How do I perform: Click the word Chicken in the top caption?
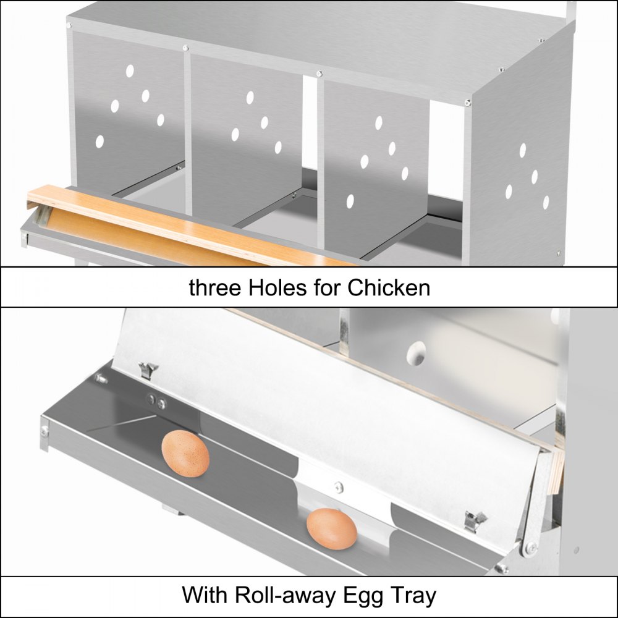pos(388,287)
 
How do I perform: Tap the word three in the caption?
pos(211,287)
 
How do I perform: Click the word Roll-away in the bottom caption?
pos(289,596)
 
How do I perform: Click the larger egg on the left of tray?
pos(185,454)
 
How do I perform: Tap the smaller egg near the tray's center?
pos(332,529)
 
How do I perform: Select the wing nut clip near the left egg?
pos(148,370)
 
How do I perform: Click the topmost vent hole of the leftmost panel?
pos(130,71)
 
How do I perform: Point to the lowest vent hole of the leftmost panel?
pos(99,142)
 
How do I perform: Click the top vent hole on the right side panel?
pos(523,150)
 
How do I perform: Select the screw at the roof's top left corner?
pos(69,25)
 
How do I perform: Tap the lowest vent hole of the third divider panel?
pos(350,200)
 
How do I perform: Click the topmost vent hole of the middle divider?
pos(250,98)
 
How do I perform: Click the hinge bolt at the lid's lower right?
pos(530,547)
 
